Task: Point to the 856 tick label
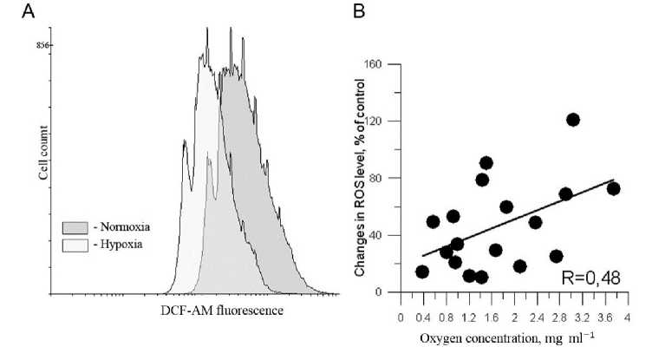(x=40, y=44)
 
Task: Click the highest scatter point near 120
(x=573, y=120)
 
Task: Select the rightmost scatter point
(x=613, y=188)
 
